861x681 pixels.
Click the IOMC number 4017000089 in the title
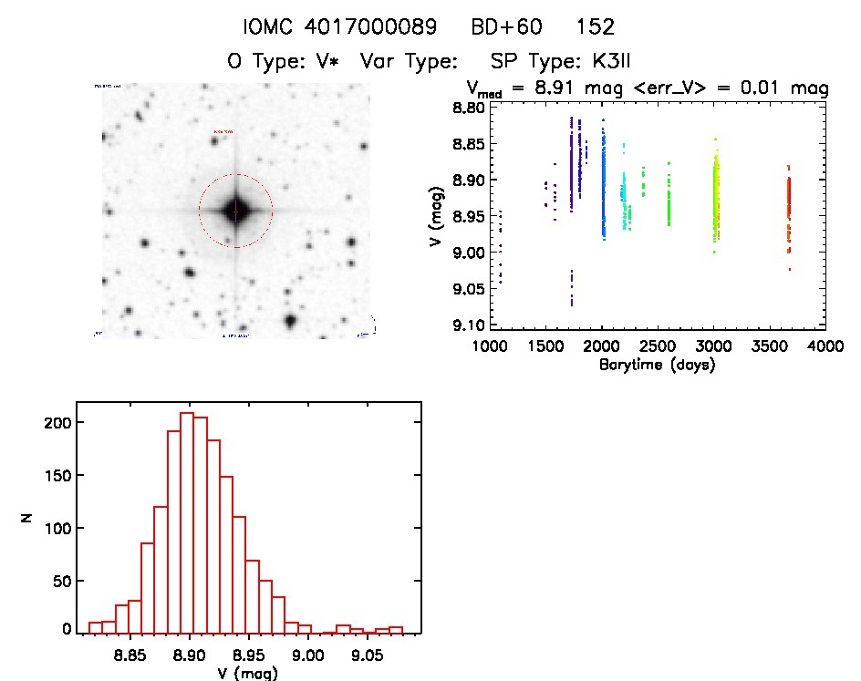click(x=373, y=27)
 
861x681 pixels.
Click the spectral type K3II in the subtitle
click(x=600, y=62)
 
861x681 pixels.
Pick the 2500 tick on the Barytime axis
click(x=657, y=347)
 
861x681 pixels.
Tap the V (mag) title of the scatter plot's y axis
click(x=435, y=216)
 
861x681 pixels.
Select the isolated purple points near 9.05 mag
click(x=572, y=289)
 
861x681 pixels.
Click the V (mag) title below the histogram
click(x=248, y=674)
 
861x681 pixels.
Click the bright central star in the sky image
click(x=235, y=211)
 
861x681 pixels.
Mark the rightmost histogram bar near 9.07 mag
click(x=395, y=629)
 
